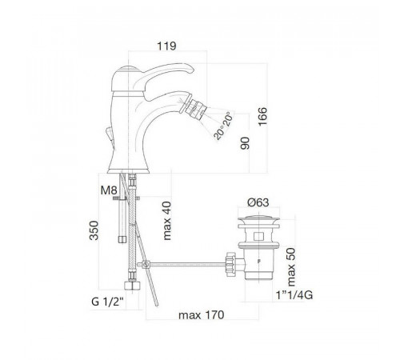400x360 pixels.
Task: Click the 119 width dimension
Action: [x=166, y=46]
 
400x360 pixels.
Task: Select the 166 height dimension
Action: [x=262, y=117]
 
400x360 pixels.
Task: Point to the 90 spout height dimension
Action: [x=245, y=143]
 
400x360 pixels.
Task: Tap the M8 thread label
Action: [x=109, y=190]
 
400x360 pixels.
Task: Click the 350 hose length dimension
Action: [x=94, y=230]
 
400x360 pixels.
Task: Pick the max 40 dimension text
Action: [x=167, y=221]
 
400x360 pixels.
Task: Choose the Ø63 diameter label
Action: [x=258, y=202]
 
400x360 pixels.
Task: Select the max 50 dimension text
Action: [x=290, y=267]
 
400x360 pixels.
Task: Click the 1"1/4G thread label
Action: [x=294, y=295]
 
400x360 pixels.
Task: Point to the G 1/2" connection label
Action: [x=108, y=302]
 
